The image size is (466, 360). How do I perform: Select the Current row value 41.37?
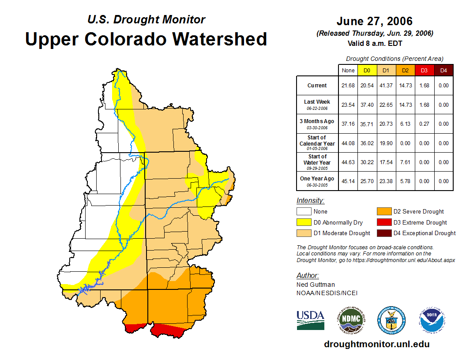click(x=387, y=86)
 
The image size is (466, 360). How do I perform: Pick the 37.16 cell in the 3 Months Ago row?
click(x=348, y=124)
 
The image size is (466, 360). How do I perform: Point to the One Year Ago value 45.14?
click(x=348, y=181)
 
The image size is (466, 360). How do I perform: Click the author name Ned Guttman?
click(x=316, y=285)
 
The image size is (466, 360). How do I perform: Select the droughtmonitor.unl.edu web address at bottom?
click(x=376, y=344)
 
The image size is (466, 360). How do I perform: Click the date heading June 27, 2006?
click(x=375, y=21)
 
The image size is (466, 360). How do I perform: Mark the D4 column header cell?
click(x=443, y=70)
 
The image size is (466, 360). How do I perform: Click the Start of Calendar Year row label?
click(x=317, y=143)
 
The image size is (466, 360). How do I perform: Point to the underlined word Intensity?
click(x=310, y=201)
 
